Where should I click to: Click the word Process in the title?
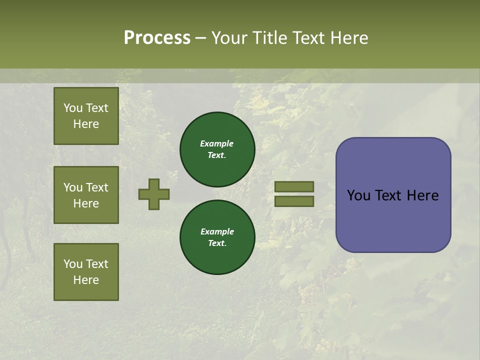click(157, 38)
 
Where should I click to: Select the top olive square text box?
click(86, 116)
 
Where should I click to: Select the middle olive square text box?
click(86, 195)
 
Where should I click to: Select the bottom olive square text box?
click(86, 272)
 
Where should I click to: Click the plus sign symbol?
click(154, 194)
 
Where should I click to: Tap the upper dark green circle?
click(217, 149)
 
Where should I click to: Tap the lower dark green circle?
click(217, 237)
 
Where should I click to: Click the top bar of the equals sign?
click(294, 186)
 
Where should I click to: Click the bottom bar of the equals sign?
click(294, 201)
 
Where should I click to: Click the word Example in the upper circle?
click(217, 143)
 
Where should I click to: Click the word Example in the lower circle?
click(217, 231)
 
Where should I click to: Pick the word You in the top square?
click(73, 108)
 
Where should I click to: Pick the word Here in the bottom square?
click(86, 280)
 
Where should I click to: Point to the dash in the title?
click(200, 38)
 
